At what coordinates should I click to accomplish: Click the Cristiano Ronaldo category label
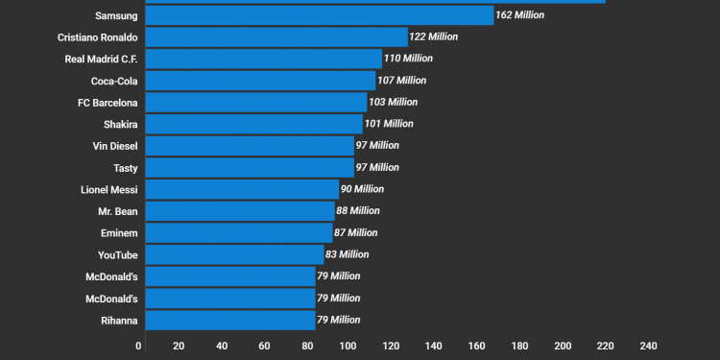96,37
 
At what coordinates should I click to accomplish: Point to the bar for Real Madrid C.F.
263,59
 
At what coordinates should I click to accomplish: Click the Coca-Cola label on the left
113,81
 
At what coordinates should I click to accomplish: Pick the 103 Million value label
394,102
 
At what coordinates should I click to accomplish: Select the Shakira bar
253,124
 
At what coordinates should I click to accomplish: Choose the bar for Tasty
249,167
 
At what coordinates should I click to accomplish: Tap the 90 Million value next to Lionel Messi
362,189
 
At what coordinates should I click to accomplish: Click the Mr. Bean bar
239,211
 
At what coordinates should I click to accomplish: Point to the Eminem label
119,232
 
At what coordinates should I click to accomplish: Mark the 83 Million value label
347,254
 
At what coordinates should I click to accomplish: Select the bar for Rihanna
230,320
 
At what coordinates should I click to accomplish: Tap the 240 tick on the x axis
647,346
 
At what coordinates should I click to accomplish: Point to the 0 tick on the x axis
139,346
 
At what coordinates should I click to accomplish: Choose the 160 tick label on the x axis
477,346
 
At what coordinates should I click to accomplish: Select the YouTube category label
117,254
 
